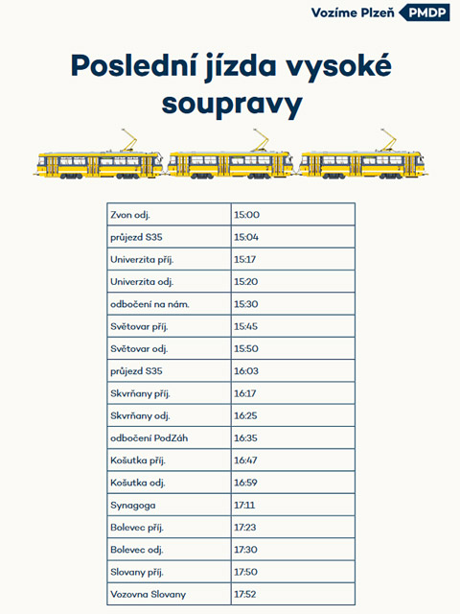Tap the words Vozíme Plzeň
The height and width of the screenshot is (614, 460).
tap(353, 12)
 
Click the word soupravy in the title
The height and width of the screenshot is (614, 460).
tap(232, 105)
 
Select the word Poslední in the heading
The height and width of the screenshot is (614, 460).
tap(134, 65)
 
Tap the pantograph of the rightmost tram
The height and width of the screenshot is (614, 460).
tap(387, 140)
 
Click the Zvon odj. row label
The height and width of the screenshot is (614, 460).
tap(130, 215)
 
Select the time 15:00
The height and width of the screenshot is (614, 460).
tap(247, 215)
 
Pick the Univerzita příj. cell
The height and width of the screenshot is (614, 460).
tap(142, 260)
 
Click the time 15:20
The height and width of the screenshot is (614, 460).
tap(246, 281)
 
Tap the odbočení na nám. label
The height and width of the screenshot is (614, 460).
tap(149, 304)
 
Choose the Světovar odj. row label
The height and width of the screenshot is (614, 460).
tap(139, 349)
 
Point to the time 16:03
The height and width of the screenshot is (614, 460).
tap(246, 371)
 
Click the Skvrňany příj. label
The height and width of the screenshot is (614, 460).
tap(140, 393)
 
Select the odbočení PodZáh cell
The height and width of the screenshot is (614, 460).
tap(149, 437)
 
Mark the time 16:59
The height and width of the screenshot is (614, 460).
tap(245, 483)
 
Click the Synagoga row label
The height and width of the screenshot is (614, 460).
tap(132, 506)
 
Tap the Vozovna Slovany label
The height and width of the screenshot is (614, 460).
tap(148, 595)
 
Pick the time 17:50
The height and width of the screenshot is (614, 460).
tap(245, 572)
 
